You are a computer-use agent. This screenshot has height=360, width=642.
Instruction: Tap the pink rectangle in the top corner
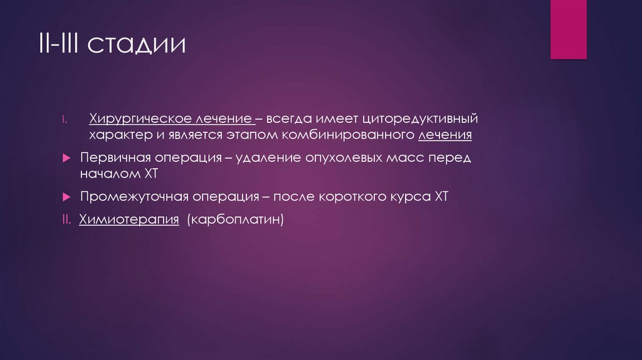pyautogui.click(x=568, y=29)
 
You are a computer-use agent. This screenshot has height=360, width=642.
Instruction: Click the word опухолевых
pyautogui.click(x=339, y=157)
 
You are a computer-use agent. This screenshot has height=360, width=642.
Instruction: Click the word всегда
pyautogui.click(x=292, y=119)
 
